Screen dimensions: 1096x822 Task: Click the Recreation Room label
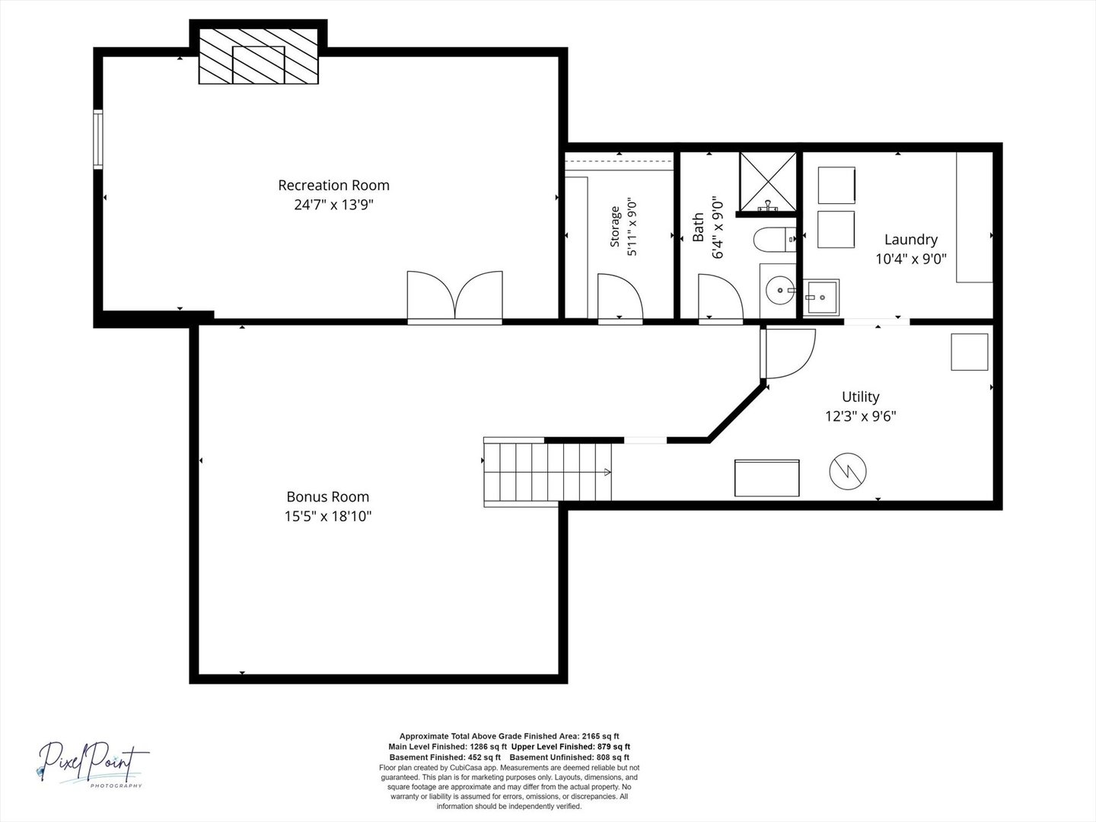click(x=333, y=185)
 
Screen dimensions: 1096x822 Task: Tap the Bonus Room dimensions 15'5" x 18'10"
click(x=328, y=516)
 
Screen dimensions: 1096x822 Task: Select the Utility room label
click(x=860, y=397)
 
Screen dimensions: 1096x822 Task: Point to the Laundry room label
click(x=911, y=240)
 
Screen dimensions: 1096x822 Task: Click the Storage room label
click(x=615, y=227)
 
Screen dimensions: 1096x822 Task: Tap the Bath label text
click(x=697, y=227)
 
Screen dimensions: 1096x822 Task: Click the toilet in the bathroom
click(x=775, y=240)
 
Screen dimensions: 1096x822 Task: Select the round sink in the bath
click(x=779, y=290)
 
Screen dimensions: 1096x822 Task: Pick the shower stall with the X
click(x=768, y=182)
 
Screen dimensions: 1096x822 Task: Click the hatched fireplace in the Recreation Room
click(x=259, y=56)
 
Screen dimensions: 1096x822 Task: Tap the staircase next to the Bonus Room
click(x=547, y=472)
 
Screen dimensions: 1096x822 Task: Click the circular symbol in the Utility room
click(x=848, y=471)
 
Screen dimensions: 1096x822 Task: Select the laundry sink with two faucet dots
click(x=821, y=298)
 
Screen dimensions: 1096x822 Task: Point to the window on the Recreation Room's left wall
click(x=98, y=139)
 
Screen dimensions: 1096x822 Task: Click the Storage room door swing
click(x=620, y=297)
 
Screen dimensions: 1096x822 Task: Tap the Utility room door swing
click(x=788, y=353)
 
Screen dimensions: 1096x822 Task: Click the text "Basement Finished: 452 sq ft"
click(x=445, y=757)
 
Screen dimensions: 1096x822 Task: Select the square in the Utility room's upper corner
click(x=969, y=352)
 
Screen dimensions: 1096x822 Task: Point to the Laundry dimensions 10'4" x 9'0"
click(x=911, y=259)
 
